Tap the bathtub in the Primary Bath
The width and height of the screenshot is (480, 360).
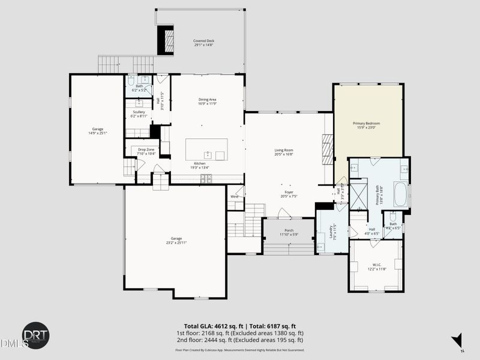[400, 193]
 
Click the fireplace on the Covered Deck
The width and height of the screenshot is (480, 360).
[166, 40]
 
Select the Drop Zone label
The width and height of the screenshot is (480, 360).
[146, 150]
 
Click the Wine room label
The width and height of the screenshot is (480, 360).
[234, 196]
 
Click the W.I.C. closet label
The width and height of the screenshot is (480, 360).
[377, 265]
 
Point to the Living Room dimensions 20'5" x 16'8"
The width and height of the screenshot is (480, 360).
[284, 154]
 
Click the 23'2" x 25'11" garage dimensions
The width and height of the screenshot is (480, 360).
[176, 242]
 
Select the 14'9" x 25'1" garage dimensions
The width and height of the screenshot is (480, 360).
[97, 133]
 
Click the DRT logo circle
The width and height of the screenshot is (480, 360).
[35, 335]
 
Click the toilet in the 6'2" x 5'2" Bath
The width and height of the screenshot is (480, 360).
[130, 80]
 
